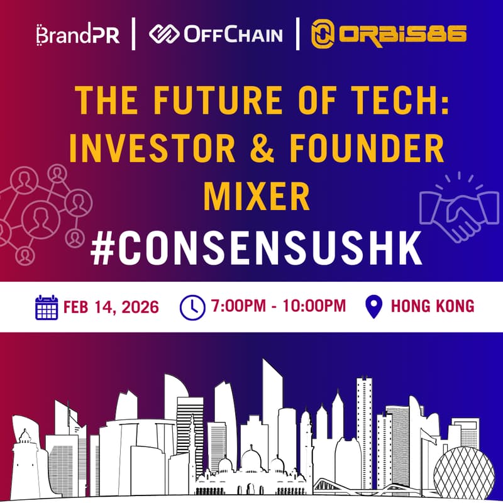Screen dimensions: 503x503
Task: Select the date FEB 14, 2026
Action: pyautogui.click(x=111, y=307)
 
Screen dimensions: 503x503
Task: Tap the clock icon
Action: pyautogui.click(x=192, y=307)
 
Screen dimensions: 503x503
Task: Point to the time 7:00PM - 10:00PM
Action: pyautogui.click(x=279, y=307)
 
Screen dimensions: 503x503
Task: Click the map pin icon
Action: pyautogui.click(x=374, y=307)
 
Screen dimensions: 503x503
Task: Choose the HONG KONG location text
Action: pyautogui.click(x=433, y=307)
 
